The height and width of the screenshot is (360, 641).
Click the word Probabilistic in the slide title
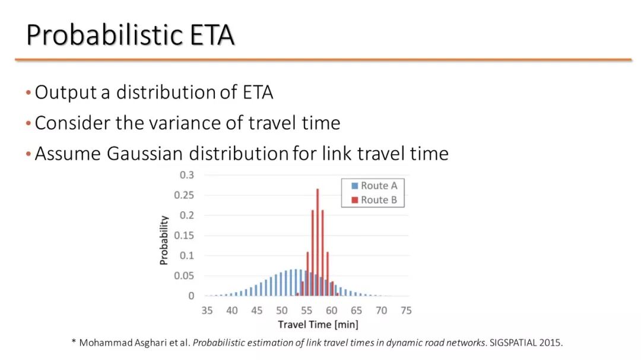(x=105, y=35)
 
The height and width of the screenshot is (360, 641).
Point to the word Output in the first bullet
(x=65, y=93)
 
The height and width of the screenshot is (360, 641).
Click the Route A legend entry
(x=374, y=186)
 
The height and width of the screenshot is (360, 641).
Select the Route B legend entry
(x=374, y=200)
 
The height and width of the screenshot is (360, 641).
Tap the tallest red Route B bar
(x=318, y=243)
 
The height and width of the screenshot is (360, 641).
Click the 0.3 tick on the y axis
(x=187, y=175)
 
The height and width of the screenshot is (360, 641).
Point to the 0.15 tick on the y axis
(x=184, y=235)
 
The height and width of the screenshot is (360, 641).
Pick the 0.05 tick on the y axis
(x=184, y=276)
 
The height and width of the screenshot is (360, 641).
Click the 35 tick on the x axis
(x=207, y=311)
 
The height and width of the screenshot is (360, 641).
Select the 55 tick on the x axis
(x=307, y=311)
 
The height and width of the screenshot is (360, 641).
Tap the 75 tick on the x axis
(x=406, y=311)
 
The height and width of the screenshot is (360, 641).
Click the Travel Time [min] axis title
(x=318, y=324)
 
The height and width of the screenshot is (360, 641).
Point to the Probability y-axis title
(x=164, y=240)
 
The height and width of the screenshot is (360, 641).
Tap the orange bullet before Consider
(x=28, y=123)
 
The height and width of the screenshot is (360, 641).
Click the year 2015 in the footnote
(x=550, y=342)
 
